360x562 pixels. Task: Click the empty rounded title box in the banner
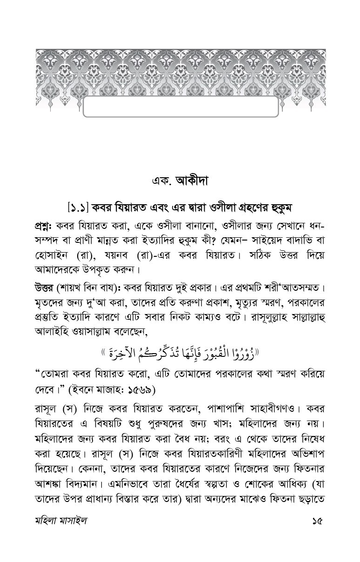(180, 107)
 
